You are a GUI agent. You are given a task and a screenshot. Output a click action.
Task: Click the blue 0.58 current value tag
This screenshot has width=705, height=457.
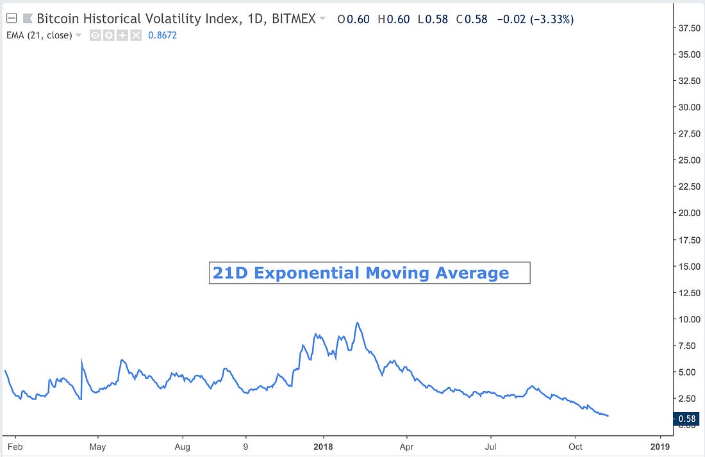click(x=686, y=419)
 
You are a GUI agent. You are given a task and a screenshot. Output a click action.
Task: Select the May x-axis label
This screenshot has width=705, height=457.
click(x=97, y=446)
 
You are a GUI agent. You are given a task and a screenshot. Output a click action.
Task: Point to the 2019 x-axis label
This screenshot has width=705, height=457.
click(x=660, y=446)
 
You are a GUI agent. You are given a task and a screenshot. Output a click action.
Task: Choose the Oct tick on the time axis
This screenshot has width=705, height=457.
click(x=575, y=446)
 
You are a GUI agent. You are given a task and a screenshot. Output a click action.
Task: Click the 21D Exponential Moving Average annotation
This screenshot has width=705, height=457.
click(x=369, y=273)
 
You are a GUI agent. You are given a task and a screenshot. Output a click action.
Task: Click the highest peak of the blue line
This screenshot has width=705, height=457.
click(x=358, y=323)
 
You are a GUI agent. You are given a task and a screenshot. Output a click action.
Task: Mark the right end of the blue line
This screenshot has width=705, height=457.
click(x=608, y=416)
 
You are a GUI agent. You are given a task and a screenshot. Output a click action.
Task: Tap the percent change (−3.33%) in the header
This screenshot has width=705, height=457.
click(x=548, y=19)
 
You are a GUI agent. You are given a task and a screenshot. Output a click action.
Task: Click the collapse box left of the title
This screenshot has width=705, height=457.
click(x=10, y=19)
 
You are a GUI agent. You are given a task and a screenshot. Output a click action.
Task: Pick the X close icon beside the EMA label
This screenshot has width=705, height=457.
click(x=136, y=35)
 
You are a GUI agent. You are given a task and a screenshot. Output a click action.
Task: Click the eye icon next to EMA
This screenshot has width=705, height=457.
click(x=94, y=35)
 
